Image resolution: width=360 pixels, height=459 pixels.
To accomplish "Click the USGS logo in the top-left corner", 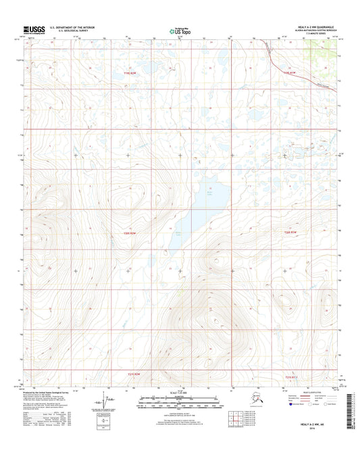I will tap(35, 29).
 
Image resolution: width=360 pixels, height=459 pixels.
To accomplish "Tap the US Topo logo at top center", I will tap(180, 30).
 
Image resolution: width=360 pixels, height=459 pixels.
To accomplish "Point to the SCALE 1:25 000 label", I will tap(180, 393).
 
